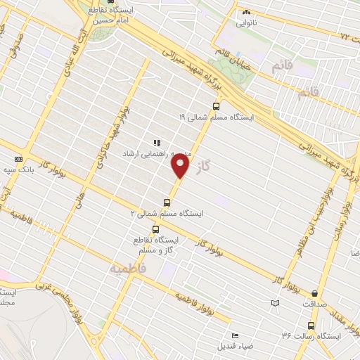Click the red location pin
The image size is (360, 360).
pyautogui.click(x=181, y=166)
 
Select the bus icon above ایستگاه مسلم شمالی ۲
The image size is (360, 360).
pyautogui.click(x=167, y=202)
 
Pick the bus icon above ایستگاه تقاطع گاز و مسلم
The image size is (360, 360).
pyautogui.click(x=155, y=229)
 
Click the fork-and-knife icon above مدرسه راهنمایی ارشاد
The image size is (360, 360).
pyautogui.click(x=156, y=143)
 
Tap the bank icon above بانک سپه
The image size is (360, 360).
pyautogui.click(x=18, y=159)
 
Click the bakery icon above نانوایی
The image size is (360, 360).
pyautogui.click(x=245, y=12)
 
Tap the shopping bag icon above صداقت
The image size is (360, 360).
pyautogui.click(x=314, y=294)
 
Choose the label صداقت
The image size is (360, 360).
pyautogui.click(x=314, y=304)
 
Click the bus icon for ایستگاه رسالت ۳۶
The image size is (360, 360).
pyautogui.click(x=311, y=326)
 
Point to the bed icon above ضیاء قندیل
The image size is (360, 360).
pyautogui.click(x=234, y=335)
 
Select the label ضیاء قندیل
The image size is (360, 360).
pyautogui.click(x=233, y=345)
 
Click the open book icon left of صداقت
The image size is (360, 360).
pyautogui.click(x=275, y=303)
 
